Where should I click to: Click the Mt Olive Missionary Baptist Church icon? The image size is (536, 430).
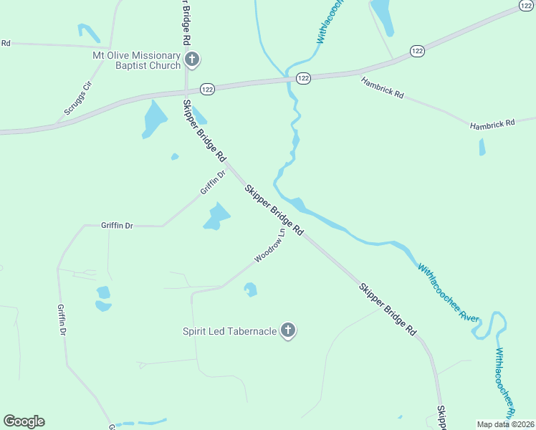(191, 59)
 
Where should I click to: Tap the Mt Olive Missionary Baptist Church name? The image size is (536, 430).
(136, 60)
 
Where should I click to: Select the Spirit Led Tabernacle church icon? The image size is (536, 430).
(287, 330)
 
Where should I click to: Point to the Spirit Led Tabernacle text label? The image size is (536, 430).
(229, 331)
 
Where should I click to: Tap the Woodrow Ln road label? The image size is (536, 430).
(270, 246)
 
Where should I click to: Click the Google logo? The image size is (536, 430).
(24, 421)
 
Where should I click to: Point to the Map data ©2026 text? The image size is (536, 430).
(504, 424)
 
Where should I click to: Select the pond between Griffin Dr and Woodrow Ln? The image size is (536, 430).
(216, 216)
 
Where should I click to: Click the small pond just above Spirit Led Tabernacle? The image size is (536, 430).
(251, 290)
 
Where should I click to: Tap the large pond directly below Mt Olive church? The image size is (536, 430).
(153, 118)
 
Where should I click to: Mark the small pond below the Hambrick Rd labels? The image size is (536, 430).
(482, 147)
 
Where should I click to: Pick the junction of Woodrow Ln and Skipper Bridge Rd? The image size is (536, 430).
(293, 229)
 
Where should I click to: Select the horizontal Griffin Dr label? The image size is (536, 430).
(117, 225)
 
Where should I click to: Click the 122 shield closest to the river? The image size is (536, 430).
(303, 78)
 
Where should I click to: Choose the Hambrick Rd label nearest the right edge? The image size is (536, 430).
(492, 124)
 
